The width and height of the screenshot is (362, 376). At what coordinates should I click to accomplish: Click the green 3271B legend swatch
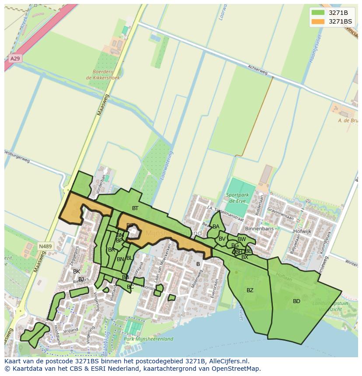pos(318,12)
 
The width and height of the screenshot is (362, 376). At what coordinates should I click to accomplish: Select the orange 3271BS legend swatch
pos(318,21)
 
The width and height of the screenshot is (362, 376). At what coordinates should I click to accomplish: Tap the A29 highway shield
pos(14,58)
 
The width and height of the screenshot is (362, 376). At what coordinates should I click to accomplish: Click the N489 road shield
pos(45,246)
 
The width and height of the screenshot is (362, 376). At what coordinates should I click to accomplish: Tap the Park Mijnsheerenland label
pos(149,338)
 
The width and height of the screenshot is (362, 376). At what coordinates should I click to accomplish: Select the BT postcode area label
pos(135,208)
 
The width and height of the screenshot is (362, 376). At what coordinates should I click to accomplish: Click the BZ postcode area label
pos(250,290)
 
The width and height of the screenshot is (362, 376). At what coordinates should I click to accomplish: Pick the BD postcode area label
pos(296,301)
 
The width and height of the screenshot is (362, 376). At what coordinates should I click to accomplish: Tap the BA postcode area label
pos(216,227)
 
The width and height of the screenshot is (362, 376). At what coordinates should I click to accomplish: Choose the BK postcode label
pos(77,272)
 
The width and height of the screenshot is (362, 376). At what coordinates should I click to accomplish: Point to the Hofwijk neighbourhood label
pos(302,231)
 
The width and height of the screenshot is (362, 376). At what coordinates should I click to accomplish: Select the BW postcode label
pos(241,239)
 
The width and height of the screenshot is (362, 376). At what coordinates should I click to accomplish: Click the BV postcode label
pos(222,239)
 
